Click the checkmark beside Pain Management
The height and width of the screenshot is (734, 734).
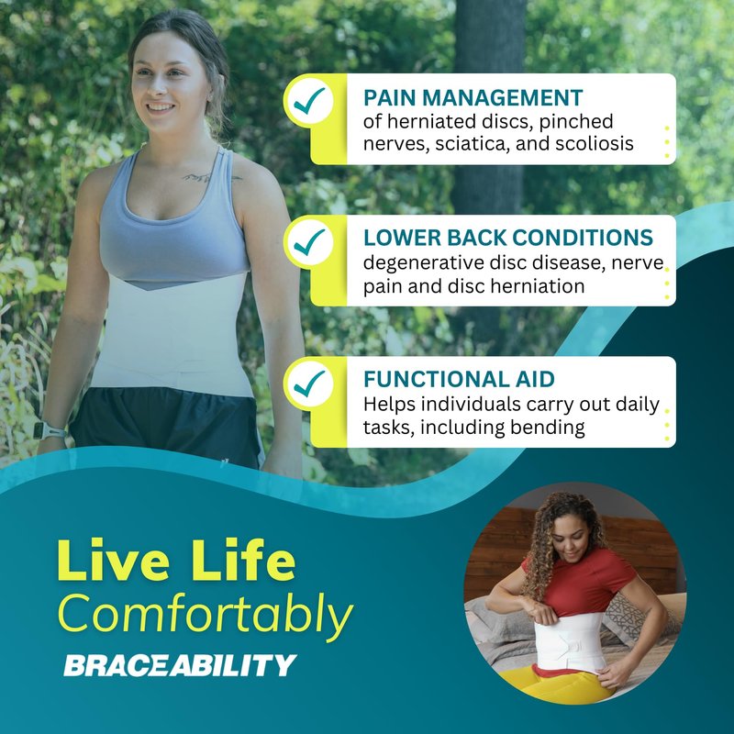click(x=308, y=100)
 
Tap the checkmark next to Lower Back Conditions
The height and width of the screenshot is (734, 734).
click(x=308, y=241)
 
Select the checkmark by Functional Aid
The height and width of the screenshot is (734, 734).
click(x=308, y=384)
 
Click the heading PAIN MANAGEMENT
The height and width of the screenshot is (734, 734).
click(x=473, y=98)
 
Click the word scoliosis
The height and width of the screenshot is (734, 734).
click(x=595, y=144)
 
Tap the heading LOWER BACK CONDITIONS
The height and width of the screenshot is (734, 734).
click(x=508, y=238)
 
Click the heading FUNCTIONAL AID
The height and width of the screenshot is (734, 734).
click(x=459, y=379)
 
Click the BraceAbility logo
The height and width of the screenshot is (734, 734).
click(x=180, y=665)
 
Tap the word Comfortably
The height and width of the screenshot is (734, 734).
click(x=205, y=614)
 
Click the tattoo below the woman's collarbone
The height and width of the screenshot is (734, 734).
click(x=211, y=177)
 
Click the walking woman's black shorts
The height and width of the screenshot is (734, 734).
click(x=167, y=425)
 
